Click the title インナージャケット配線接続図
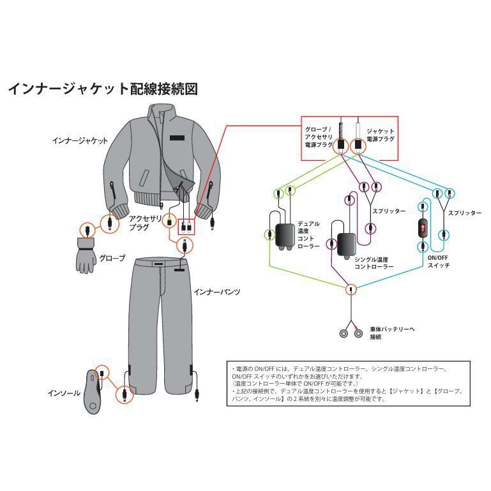[x=102, y=89]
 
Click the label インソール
[x=64, y=393]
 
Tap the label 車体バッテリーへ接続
[x=391, y=333]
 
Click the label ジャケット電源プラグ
[x=380, y=134]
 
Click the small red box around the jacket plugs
[x=186, y=225]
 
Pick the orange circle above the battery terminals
[x=351, y=289]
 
